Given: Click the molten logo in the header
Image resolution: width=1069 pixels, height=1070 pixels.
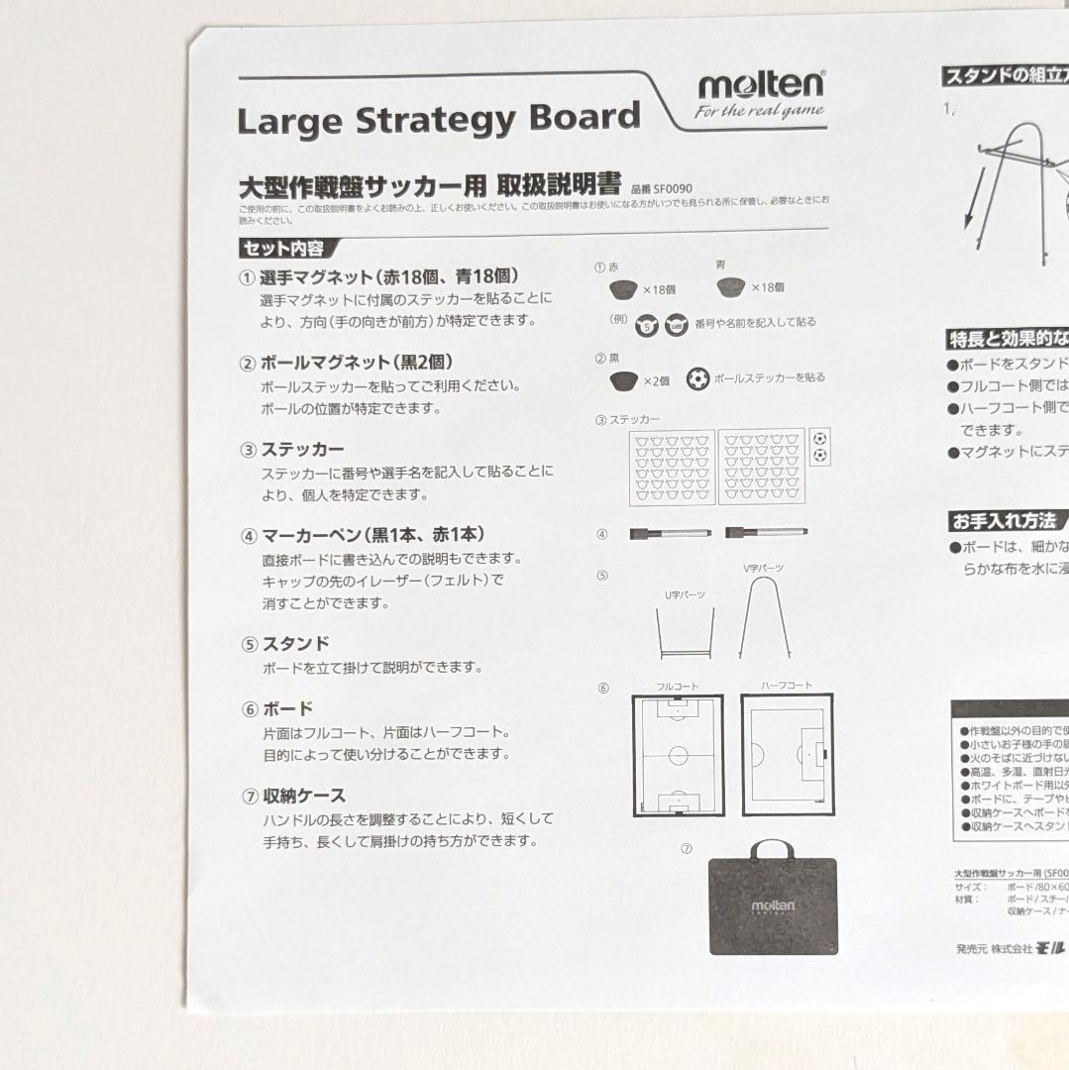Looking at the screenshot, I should pos(759,85).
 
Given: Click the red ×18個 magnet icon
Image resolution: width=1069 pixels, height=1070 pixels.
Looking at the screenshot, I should pos(622,288).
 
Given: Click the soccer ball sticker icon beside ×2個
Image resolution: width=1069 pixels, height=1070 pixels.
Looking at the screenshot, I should pos(697,378).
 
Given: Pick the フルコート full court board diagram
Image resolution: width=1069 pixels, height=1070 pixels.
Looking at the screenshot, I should pos(678,755).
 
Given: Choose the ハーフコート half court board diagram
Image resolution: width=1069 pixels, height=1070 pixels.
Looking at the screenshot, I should pos(787,755).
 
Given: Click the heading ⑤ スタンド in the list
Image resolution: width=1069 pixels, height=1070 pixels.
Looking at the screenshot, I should pos(284,644).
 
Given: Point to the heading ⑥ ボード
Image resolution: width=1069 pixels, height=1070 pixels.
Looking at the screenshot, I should pos(276,709).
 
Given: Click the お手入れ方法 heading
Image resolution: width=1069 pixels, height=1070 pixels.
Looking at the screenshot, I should pos(1005,520).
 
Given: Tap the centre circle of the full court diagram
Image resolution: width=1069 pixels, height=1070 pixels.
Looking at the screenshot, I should pos(678,755).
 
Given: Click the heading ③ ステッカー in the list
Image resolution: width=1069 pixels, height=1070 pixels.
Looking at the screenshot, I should pos(292,450).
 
